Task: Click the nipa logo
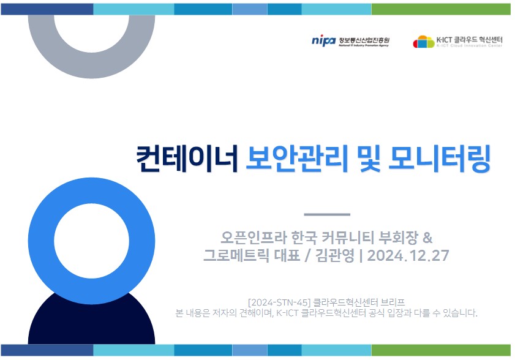[323, 41]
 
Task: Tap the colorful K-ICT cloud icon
[424, 42]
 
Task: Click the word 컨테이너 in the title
[187, 159]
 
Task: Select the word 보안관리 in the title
[297, 159]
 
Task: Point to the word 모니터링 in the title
[440, 159]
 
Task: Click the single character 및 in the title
[369, 159]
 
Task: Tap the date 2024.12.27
[408, 255]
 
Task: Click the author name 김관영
[335, 255]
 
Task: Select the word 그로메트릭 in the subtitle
[236, 255]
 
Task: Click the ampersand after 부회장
[427, 238]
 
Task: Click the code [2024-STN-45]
[279, 302]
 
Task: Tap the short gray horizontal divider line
[327, 214]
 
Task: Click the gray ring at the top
[91, 66]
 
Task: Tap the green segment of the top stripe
[441, 9]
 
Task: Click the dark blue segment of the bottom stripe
[47, 350]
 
